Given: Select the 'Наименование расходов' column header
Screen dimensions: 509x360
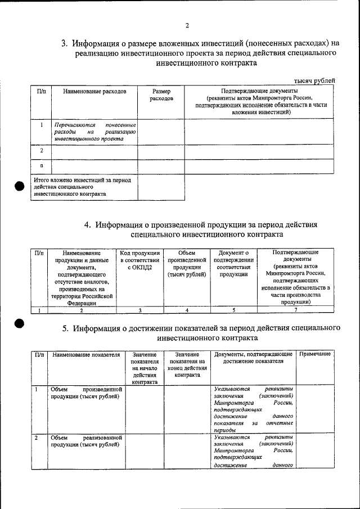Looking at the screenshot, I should point(94,91).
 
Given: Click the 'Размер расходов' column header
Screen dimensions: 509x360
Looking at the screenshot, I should point(161,94).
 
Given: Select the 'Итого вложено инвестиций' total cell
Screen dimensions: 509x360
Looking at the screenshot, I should point(83,187).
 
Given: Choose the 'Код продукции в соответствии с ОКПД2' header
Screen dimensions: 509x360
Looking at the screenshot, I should point(140,260).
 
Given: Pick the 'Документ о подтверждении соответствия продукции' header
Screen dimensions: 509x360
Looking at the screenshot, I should point(233,264).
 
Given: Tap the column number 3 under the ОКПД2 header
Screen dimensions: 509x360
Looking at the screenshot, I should point(139,310).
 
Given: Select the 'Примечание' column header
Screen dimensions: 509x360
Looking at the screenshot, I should point(315,354).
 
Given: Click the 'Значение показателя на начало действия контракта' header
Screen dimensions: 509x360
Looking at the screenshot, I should point(145,368).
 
